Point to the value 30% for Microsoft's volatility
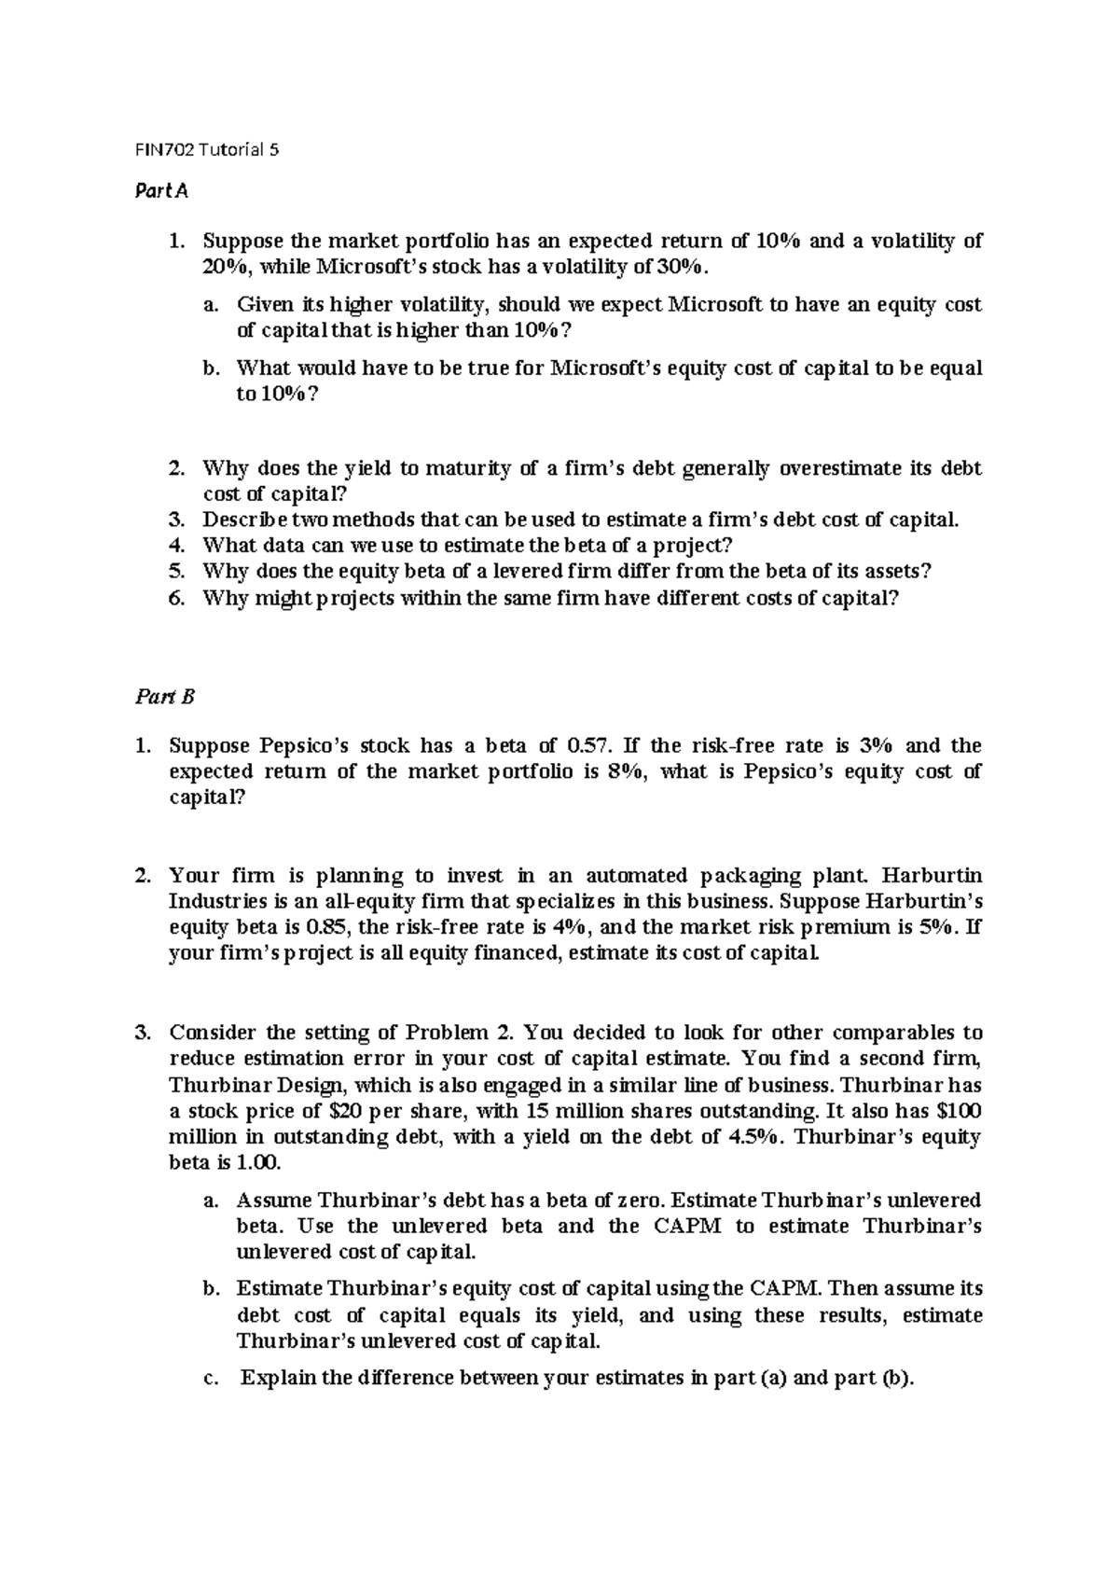pos(685,267)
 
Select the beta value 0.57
pos(587,745)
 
